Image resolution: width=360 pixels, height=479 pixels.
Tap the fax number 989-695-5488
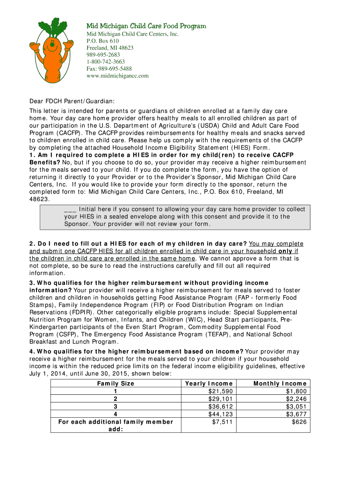(x=109, y=68)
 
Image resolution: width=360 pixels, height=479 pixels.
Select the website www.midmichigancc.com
(x=117, y=75)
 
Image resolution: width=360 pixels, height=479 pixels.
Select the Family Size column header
(x=115, y=383)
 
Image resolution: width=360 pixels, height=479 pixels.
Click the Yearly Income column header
(x=209, y=383)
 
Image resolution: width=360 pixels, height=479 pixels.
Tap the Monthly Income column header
(x=280, y=383)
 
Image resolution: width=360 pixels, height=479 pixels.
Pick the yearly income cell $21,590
(x=220, y=391)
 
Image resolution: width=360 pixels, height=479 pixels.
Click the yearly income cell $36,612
(x=220, y=406)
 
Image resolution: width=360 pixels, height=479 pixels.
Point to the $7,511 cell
(x=222, y=422)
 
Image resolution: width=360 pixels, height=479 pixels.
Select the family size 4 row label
(x=115, y=414)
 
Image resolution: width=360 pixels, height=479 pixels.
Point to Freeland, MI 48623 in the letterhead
(x=110, y=48)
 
